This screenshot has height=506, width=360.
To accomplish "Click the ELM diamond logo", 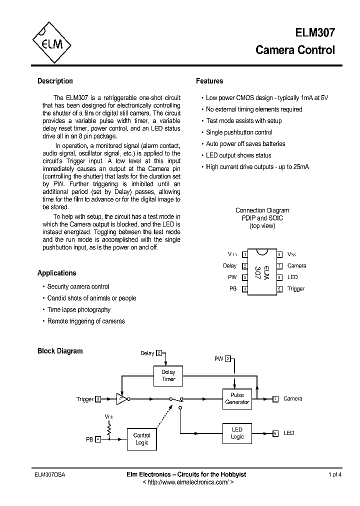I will (x=51, y=43).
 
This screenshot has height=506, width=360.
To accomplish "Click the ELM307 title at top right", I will (x=314, y=33).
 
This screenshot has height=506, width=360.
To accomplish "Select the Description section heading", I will (x=55, y=81).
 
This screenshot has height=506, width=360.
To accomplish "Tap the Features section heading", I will (x=209, y=81).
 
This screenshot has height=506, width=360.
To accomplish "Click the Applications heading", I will (x=56, y=273).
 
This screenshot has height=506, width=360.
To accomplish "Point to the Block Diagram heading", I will (x=60, y=351).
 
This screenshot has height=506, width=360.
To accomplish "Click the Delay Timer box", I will (x=168, y=375).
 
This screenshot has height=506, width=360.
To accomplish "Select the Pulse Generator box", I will (x=237, y=398).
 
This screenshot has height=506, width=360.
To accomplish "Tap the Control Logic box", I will (x=142, y=438).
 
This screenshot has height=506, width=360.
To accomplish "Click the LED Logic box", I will (x=237, y=433).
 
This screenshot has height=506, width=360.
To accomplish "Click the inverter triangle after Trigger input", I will (x=121, y=398).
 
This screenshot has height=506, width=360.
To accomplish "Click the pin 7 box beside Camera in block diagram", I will (x=275, y=398).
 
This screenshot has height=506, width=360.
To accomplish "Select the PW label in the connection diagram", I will (x=232, y=277).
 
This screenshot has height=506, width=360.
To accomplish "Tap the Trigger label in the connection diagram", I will (x=296, y=288).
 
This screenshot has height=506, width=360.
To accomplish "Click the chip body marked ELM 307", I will (x=262, y=271).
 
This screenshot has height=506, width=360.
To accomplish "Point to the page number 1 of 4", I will (x=335, y=474).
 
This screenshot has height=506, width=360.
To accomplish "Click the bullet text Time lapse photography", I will (x=78, y=309).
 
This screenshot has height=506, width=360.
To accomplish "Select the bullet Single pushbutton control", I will (x=239, y=132).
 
